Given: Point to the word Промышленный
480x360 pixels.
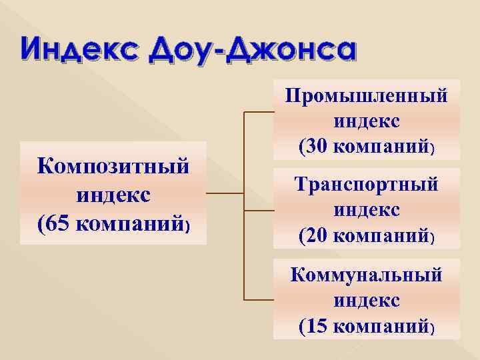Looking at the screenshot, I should click(x=366, y=96).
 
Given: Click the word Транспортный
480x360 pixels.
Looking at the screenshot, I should click(x=366, y=184).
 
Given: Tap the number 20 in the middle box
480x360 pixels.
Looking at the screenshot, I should click(x=320, y=235).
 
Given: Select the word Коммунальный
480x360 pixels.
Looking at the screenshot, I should click(x=366, y=275).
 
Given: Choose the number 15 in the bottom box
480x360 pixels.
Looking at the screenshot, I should click(x=320, y=327).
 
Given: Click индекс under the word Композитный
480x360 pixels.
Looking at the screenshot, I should click(x=113, y=195).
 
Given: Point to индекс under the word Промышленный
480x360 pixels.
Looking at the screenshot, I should click(x=366, y=121).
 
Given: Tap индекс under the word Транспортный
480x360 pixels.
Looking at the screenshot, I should click(x=366, y=209).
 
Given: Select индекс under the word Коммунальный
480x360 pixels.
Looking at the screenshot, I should click(x=366, y=301).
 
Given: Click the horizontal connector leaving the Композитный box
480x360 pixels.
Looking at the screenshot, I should click(x=225, y=194).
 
